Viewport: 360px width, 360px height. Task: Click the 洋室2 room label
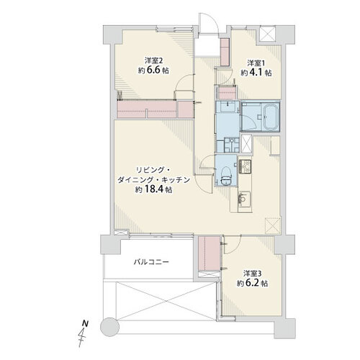153,60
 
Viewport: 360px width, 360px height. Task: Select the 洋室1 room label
256,63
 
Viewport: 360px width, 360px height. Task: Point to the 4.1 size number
256,73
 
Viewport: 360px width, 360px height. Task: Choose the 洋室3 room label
253,273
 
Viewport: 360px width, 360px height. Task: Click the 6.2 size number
253,283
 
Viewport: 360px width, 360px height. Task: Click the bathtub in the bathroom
271,117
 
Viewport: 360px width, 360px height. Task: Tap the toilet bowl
226,174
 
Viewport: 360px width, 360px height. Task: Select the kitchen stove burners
245,166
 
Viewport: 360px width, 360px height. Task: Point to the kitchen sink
244,198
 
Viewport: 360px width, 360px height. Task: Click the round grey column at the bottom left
109,327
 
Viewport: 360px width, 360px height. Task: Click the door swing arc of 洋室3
234,247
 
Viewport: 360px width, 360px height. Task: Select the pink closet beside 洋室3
209,253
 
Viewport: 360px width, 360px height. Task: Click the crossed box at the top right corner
269,33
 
